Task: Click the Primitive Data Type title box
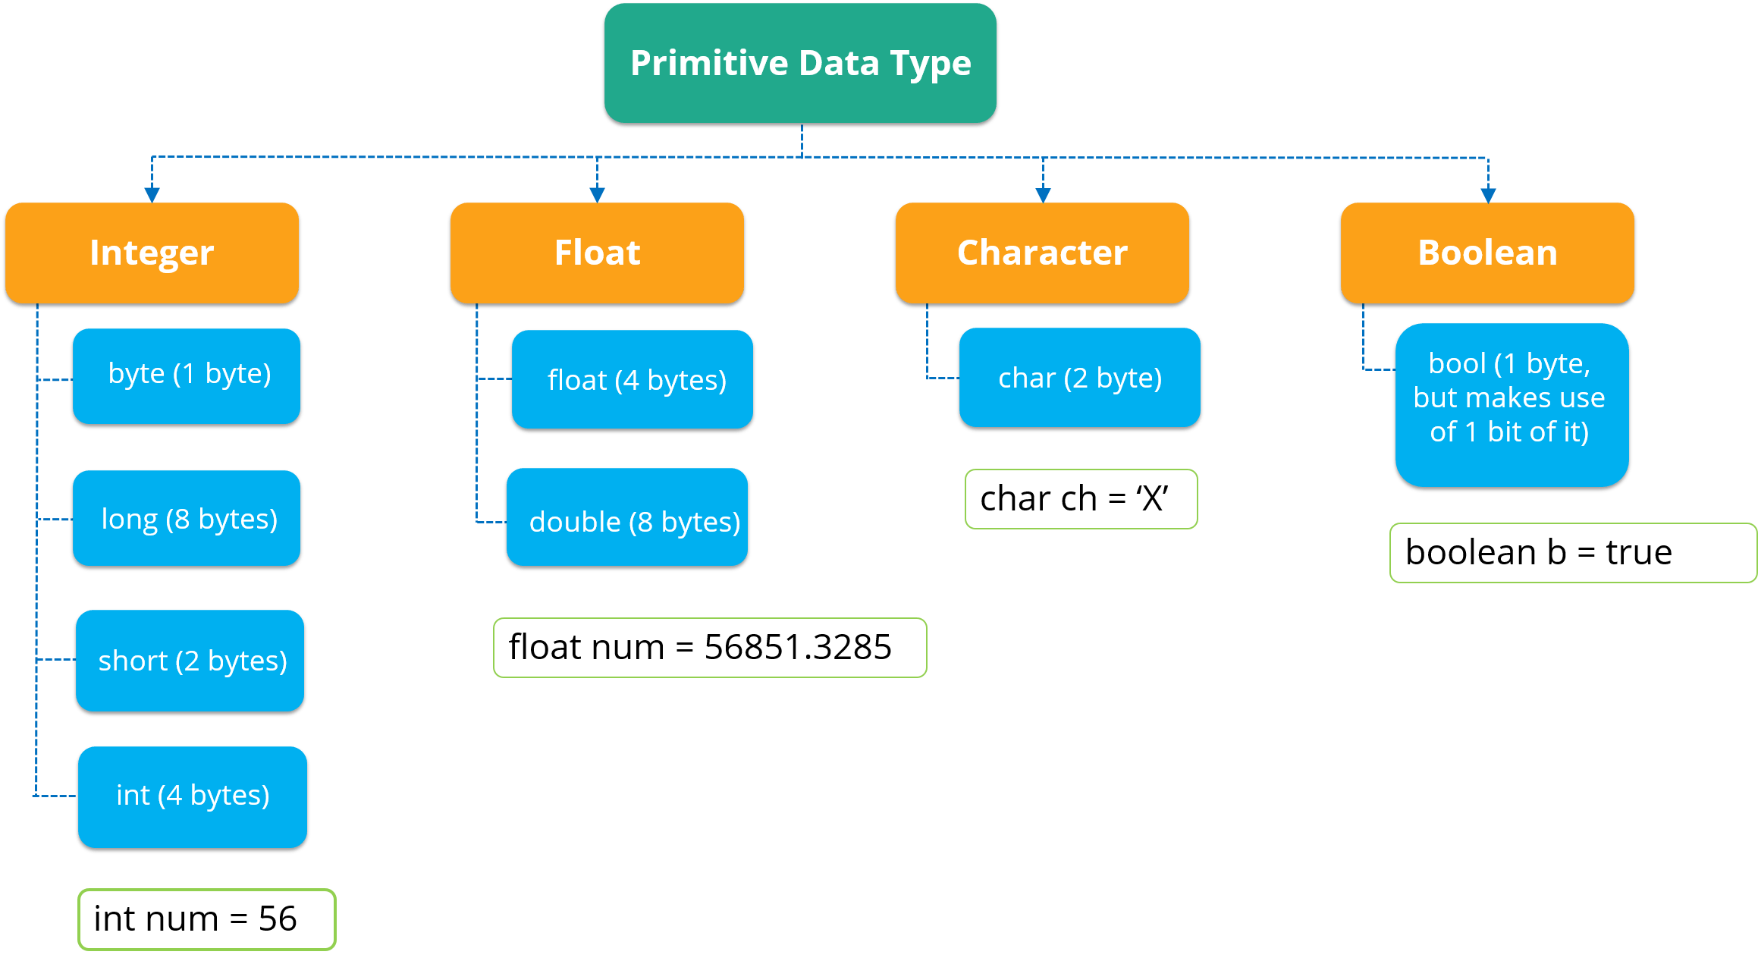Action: click(x=800, y=64)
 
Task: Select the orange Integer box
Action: click(x=152, y=253)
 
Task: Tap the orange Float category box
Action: click(x=597, y=253)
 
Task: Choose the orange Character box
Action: click(x=1042, y=253)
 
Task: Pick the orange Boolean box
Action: click(x=1487, y=253)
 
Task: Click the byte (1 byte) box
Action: click(x=187, y=375)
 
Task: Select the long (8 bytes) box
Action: click(x=187, y=519)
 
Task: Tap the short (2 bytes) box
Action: click(x=191, y=661)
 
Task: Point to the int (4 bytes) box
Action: click(x=193, y=796)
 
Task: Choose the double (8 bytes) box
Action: click(x=628, y=520)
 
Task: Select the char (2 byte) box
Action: click(x=1080, y=378)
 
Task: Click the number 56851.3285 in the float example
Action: click(x=798, y=647)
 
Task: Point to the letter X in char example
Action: click(x=1153, y=499)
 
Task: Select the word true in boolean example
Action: click(x=1639, y=552)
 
